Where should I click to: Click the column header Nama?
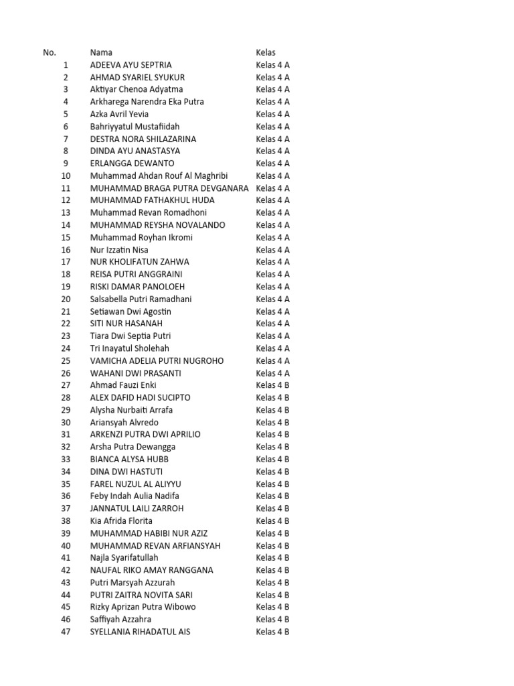click(101, 52)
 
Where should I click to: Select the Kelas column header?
click(266, 52)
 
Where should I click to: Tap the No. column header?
click(50, 52)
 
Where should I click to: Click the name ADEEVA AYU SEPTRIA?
click(131, 65)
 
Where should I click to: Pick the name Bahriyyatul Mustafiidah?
click(135, 127)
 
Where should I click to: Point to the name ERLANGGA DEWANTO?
click(132, 163)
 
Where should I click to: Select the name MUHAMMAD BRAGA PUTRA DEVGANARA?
click(169, 188)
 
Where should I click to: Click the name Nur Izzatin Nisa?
click(119, 250)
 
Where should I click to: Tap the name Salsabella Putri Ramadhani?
click(141, 299)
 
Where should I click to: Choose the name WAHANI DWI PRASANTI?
click(135, 373)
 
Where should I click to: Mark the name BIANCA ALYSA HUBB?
click(129, 460)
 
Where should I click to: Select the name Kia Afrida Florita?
click(121, 521)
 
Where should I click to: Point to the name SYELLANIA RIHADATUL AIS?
click(140, 632)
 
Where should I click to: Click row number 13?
click(66, 213)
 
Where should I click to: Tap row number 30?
click(66, 422)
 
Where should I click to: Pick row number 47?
click(66, 632)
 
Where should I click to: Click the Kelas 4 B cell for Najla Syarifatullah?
click(272, 558)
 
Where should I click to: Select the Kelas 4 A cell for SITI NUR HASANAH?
click(272, 324)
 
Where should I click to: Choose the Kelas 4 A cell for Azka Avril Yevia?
click(272, 115)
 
